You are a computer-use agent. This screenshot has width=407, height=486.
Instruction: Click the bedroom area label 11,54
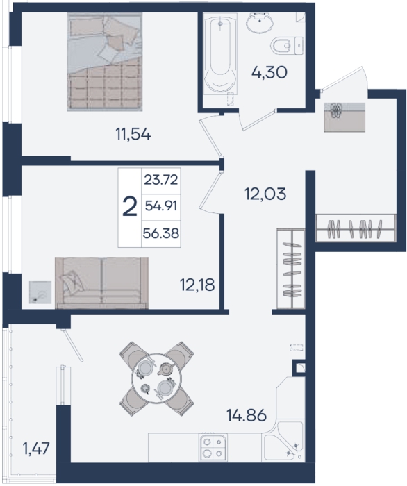133,135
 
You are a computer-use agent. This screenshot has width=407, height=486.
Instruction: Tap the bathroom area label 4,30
269,73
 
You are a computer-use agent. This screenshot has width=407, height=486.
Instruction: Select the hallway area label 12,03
265,194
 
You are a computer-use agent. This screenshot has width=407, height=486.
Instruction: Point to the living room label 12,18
197,285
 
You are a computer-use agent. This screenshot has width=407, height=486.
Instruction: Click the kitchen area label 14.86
247,415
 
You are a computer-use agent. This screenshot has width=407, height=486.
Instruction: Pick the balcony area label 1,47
36,449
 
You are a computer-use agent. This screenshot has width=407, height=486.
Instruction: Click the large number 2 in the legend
130,208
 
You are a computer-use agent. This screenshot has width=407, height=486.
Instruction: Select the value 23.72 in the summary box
161,180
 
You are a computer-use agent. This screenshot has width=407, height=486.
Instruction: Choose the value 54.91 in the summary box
161,206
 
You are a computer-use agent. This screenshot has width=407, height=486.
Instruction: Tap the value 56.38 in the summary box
161,233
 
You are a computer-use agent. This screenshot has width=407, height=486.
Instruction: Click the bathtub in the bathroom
220,56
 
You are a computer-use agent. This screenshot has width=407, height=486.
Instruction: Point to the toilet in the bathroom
286,46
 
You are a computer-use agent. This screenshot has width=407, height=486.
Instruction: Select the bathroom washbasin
260,23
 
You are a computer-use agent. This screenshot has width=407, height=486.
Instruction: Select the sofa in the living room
101,283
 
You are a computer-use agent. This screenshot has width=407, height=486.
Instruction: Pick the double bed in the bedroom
105,61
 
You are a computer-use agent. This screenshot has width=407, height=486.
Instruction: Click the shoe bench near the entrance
344,117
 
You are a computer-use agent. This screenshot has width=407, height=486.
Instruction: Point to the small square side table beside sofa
40,292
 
